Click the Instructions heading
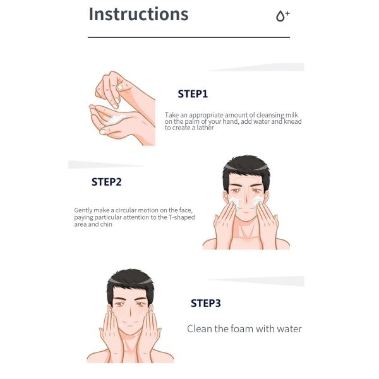pos(138,14)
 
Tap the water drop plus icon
pos(282,16)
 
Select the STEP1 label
pos(193,93)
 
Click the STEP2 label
pos(106,182)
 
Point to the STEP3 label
pos(206,303)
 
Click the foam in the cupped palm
pos(116,119)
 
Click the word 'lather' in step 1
pos(205,128)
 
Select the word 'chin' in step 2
pos(106,224)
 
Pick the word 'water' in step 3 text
pos(289,329)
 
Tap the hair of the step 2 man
pos(246,167)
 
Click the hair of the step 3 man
pos(130,281)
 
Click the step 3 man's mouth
pos(129,325)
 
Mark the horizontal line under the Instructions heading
pos(189,37)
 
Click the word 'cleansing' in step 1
pos(270,115)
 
